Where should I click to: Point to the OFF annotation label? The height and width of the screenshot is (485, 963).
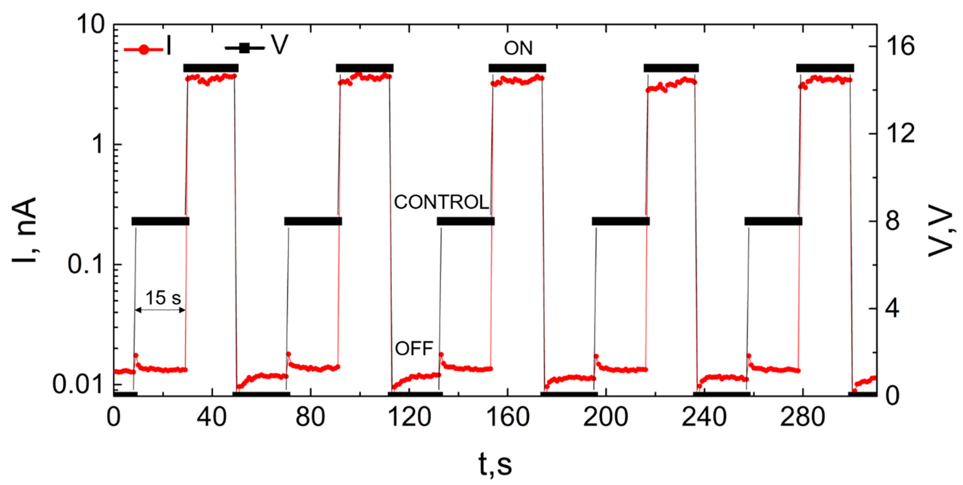[414, 349]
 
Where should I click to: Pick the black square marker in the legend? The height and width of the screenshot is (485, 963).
[244, 48]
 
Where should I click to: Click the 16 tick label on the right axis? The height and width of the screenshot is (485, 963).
[901, 46]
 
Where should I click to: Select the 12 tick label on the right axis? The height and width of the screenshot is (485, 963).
[901, 134]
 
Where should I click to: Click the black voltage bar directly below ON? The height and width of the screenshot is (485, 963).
[517, 68]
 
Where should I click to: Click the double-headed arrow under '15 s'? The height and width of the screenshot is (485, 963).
[160, 310]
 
